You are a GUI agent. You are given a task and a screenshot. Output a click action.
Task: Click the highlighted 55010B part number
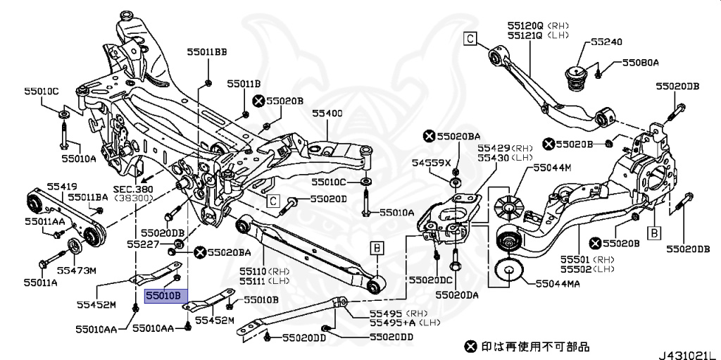click(163, 296)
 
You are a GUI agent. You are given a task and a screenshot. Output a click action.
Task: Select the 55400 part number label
click(327, 113)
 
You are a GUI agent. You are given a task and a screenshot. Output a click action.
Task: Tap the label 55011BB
click(207, 52)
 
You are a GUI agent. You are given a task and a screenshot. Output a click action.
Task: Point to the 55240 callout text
click(606, 42)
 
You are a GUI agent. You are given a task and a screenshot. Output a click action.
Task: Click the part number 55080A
click(639, 63)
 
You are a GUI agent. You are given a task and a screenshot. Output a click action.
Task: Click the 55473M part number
click(76, 270)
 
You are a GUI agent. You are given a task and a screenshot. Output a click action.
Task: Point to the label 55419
click(62, 186)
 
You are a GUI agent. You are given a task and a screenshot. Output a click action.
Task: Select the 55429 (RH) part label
click(506, 149)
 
